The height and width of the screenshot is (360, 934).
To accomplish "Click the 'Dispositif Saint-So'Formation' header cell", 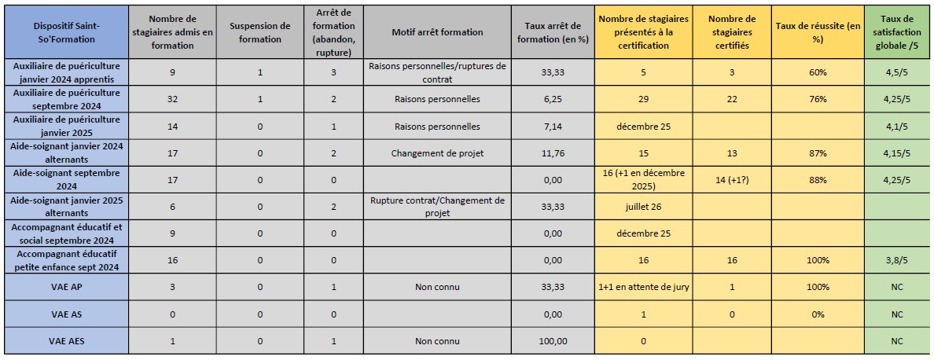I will click(x=66, y=32).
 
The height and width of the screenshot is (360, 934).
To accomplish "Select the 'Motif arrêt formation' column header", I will click(x=437, y=32).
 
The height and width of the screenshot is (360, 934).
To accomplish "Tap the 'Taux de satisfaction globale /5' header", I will click(x=897, y=32).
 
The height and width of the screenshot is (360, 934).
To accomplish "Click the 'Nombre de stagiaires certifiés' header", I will click(x=731, y=32).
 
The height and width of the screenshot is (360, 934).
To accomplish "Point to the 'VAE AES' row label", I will click(x=66, y=341).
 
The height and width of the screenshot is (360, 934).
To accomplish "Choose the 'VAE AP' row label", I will click(x=66, y=287).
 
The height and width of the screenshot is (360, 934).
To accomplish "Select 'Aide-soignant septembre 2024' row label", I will click(x=66, y=180).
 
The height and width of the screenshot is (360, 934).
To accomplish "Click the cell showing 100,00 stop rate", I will click(x=553, y=341).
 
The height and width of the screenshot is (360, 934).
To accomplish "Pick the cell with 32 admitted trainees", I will click(x=172, y=100).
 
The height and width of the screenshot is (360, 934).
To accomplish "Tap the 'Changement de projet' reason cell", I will click(x=437, y=154).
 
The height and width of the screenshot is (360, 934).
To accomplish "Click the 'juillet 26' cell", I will click(x=643, y=207).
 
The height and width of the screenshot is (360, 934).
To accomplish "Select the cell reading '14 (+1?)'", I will click(x=731, y=180).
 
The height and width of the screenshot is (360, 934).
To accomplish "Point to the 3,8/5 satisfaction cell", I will click(x=897, y=260).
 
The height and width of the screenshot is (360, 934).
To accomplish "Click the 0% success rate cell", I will click(x=818, y=314).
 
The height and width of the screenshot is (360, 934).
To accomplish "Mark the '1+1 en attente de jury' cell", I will click(x=643, y=287).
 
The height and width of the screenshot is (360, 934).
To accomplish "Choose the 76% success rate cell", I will click(x=818, y=100).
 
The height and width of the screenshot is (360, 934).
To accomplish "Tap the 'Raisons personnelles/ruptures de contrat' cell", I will click(x=437, y=72).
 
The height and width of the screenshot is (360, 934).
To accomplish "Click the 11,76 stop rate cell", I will click(x=553, y=154).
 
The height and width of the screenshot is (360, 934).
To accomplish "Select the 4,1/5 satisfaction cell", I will click(x=897, y=127).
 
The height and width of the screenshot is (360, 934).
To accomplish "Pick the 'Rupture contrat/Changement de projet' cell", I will click(x=437, y=207).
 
